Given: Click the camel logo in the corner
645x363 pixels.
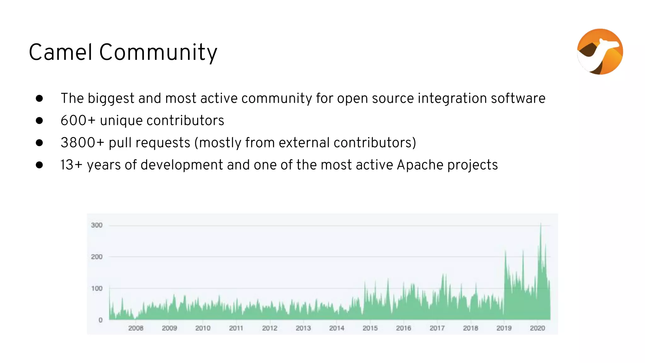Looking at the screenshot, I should click(x=600, y=52).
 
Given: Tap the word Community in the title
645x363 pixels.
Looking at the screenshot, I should click(x=158, y=52).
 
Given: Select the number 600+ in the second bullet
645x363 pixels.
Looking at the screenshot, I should click(x=78, y=121).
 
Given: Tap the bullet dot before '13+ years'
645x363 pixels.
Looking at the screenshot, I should click(x=39, y=165).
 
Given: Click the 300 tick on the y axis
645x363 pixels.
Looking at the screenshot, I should click(x=97, y=225).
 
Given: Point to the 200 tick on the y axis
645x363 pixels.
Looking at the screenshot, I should click(x=97, y=257).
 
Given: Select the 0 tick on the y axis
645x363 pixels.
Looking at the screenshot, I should click(x=100, y=320).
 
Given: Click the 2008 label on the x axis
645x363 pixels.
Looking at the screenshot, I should click(x=136, y=328).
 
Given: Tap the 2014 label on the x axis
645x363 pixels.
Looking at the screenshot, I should click(x=337, y=328).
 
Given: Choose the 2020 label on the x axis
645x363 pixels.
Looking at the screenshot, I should click(x=537, y=328).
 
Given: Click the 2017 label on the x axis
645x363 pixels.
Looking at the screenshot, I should click(x=437, y=328).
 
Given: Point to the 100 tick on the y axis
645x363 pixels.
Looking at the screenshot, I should click(x=97, y=289).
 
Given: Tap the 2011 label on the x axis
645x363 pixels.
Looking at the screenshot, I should click(x=236, y=328).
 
